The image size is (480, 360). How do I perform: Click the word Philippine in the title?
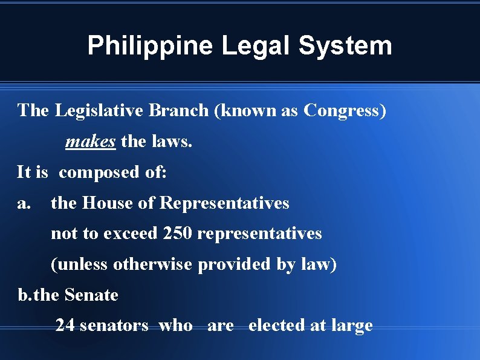pyautogui.click(x=149, y=46)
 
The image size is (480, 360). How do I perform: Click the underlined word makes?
pyautogui.click(x=90, y=142)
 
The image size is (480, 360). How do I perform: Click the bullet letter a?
pyautogui.click(x=24, y=203)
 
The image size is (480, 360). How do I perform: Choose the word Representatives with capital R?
pyautogui.click(x=224, y=203)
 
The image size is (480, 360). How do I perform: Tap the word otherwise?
pyautogui.click(x=153, y=264)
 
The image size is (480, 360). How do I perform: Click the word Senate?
pyautogui.click(x=91, y=295)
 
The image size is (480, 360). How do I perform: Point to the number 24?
pyautogui.click(x=65, y=326)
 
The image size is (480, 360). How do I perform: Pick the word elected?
pyautogui.click(x=276, y=326)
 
